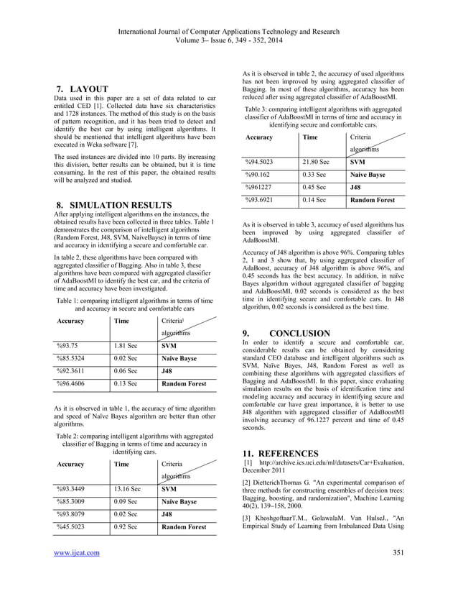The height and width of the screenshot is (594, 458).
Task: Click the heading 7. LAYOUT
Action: click(x=83, y=89)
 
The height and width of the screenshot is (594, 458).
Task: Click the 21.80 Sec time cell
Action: click(x=317, y=162)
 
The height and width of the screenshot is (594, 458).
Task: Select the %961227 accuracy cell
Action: click(x=262, y=188)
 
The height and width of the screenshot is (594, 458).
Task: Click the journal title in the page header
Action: click(x=228, y=11)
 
